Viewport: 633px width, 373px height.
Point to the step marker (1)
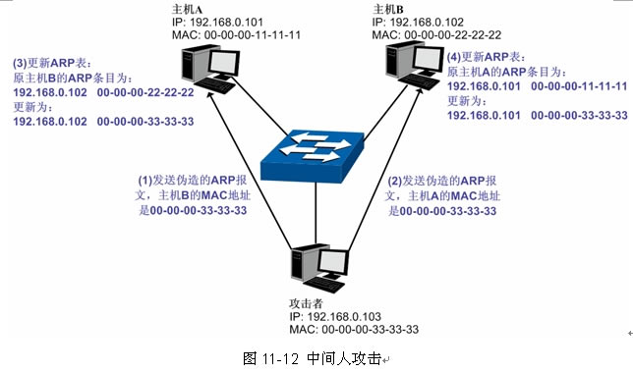point(144,182)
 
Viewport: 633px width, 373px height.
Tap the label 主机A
point(185,8)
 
